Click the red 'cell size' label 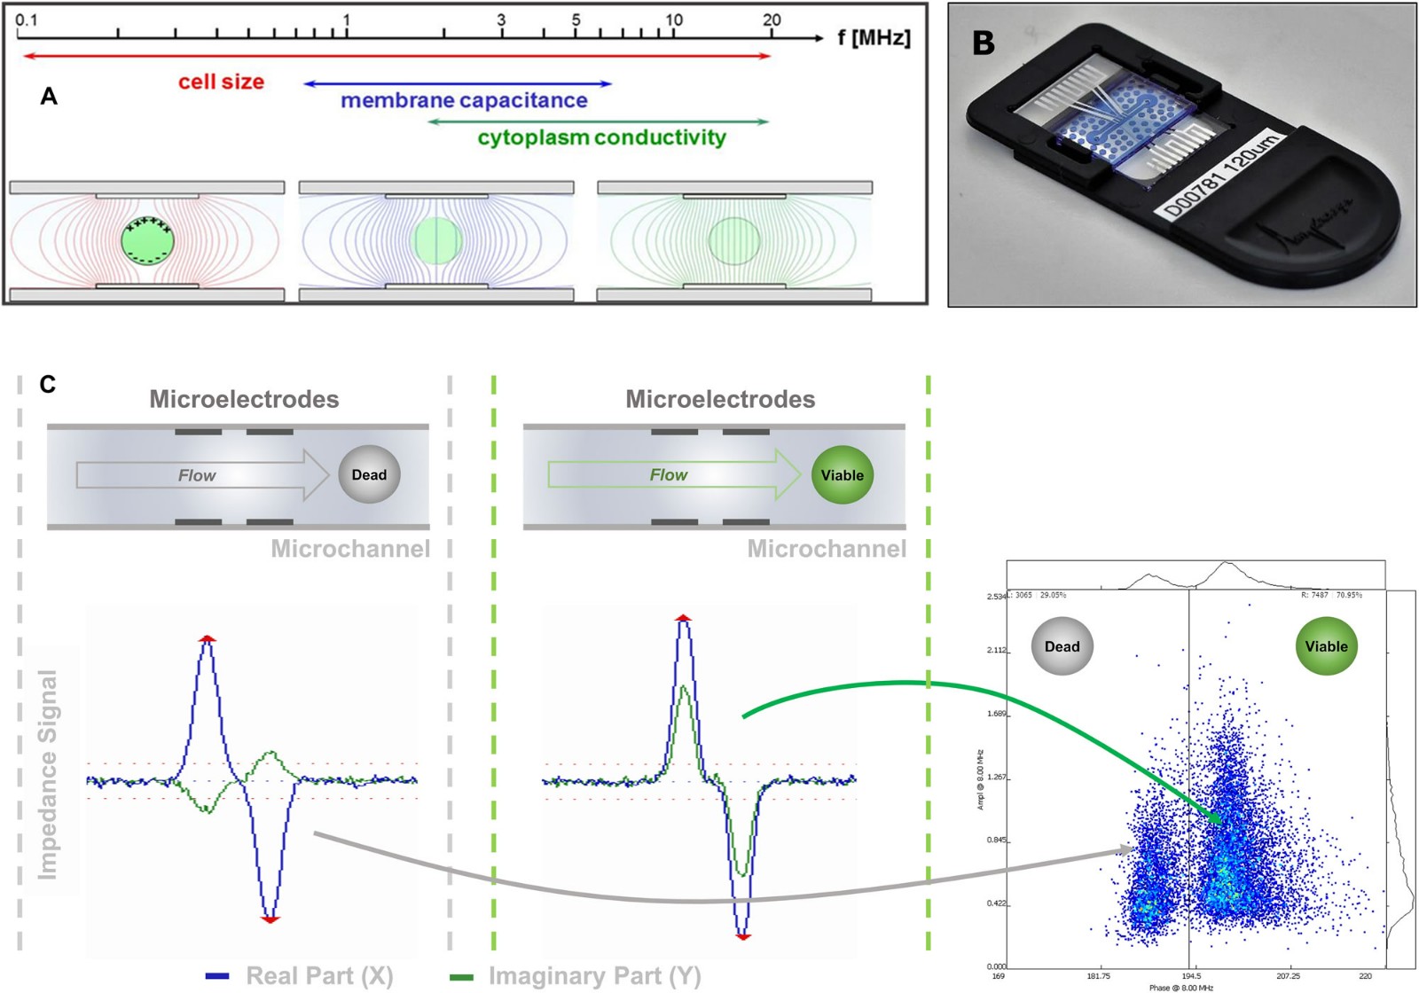point(221,82)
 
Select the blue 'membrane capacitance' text point(464,101)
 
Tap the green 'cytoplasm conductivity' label point(601,138)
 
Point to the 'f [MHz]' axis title point(874,38)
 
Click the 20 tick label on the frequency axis point(772,20)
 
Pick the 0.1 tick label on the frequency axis point(27,20)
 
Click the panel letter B point(984,43)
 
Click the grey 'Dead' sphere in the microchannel point(369,475)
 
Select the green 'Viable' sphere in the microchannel point(842,475)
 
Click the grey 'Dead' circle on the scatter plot point(1062,646)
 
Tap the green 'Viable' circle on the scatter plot point(1326,646)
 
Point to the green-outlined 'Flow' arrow point(674,475)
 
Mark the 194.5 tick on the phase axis point(1192,976)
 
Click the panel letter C point(48,384)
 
